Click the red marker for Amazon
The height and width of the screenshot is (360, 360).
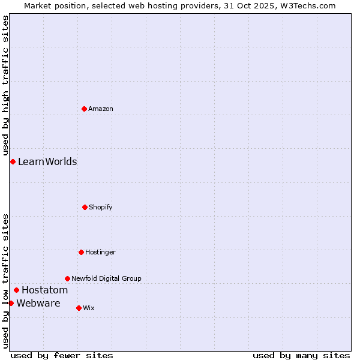point(84,109)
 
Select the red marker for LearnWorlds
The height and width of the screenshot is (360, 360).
point(13,161)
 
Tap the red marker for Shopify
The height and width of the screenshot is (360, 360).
point(85,207)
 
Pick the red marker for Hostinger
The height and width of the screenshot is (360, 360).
point(81,252)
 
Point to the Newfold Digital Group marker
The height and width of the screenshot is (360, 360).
point(67,278)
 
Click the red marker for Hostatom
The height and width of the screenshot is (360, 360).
point(16,290)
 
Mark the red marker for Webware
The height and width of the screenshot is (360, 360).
point(11,303)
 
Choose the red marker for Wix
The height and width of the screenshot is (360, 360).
point(79,308)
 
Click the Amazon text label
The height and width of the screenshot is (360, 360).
point(101,109)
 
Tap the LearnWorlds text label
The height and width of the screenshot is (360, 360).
point(47,161)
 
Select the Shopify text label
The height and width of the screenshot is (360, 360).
point(101,207)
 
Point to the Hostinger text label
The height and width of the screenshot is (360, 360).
point(100,252)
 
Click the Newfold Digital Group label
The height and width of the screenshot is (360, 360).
point(106,278)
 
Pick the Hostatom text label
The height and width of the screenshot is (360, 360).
point(44,290)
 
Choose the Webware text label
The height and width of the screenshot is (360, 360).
point(38,303)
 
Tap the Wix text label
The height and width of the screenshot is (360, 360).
point(89,308)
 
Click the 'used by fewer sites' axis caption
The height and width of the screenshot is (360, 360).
point(62,355)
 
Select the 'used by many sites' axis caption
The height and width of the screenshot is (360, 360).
point(301,355)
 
